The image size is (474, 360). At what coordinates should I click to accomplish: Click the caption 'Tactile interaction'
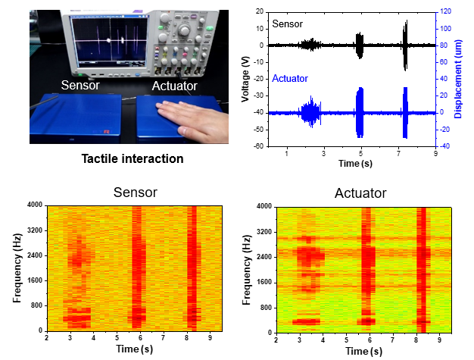(133, 159)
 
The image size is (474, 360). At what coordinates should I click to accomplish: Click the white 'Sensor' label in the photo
(81, 86)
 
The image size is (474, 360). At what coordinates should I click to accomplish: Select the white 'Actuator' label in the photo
(176, 86)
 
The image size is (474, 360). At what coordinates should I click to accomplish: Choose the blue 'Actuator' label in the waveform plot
(291, 79)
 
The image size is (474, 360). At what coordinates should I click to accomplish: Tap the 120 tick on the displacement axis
(447, 12)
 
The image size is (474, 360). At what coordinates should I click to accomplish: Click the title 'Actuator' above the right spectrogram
(360, 193)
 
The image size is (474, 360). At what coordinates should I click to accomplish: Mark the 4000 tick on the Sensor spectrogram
(35, 205)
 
